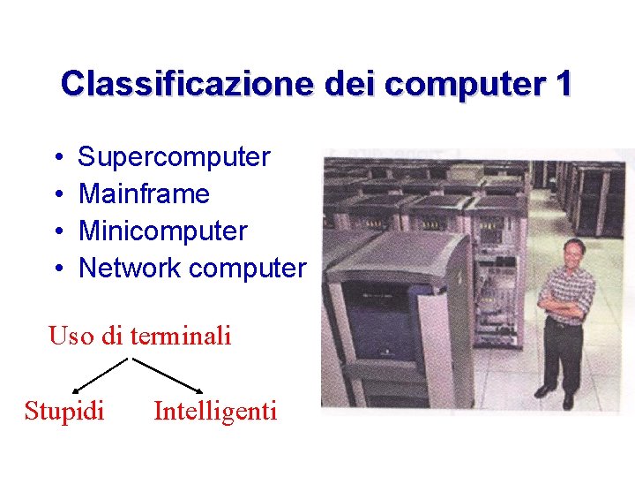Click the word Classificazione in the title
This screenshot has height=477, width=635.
coord(188,84)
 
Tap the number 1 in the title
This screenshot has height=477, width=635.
coord(564,84)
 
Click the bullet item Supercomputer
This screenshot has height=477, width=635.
coord(174,157)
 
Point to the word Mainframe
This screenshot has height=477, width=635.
coord(144,194)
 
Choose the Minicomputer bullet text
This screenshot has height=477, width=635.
coord(163,231)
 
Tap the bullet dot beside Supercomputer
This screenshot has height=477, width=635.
coord(56,158)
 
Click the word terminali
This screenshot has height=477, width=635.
coord(180,337)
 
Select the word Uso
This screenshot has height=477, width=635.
coord(67,337)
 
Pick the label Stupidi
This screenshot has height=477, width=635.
coord(64,411)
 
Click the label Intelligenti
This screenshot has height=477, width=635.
coord(215,411)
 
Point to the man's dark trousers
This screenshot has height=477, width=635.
coord(563,353)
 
